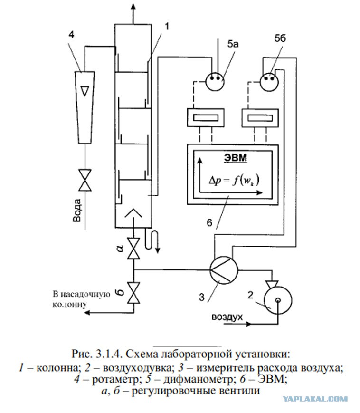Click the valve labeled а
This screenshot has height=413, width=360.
(133, 249)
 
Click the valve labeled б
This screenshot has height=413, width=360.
(133, 293)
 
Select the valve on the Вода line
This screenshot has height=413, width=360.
(85, 180)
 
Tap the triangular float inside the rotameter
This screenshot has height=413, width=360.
(85, 91)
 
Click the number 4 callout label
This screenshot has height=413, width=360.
(71, 35)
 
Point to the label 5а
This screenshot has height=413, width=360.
(233, 44)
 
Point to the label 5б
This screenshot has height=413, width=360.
(280, 38)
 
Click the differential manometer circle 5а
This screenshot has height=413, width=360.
(215, 82)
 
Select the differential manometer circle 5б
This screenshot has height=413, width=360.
(269, 82)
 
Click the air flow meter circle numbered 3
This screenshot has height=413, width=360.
(224, 270)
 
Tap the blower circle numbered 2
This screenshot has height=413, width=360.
(278, 300)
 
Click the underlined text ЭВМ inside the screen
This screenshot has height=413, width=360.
(236, 158)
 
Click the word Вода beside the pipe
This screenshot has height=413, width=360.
(77, 210)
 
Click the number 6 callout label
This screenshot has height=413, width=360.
(209, 223)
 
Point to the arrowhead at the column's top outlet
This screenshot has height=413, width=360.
(133, 7)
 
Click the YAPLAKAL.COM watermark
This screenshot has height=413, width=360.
(315, 399)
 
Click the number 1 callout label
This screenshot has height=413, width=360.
(166, 26)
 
